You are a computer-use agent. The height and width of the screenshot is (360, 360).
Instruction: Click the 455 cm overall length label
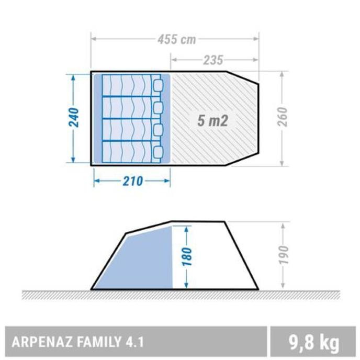[x=176, y=39]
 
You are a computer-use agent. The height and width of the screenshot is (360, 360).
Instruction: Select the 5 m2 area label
[x=213, y=121]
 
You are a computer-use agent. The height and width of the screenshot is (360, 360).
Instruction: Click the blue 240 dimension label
[x=73, y=118]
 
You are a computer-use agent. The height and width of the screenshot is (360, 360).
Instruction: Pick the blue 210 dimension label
[x=133, y=181]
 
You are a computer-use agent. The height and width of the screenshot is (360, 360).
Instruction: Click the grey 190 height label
[x=283, y=255]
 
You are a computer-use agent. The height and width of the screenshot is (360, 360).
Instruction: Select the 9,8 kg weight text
[x=313, y=343]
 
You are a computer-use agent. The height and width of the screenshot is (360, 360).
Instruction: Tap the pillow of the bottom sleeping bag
[x=157, y=152]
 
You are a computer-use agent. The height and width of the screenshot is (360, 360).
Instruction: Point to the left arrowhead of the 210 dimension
[x=96, y=181]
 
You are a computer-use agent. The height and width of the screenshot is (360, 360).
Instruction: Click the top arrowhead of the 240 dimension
[x=73, y=77]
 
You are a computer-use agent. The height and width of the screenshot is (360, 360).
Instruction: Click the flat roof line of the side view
[x=199, y=221]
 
